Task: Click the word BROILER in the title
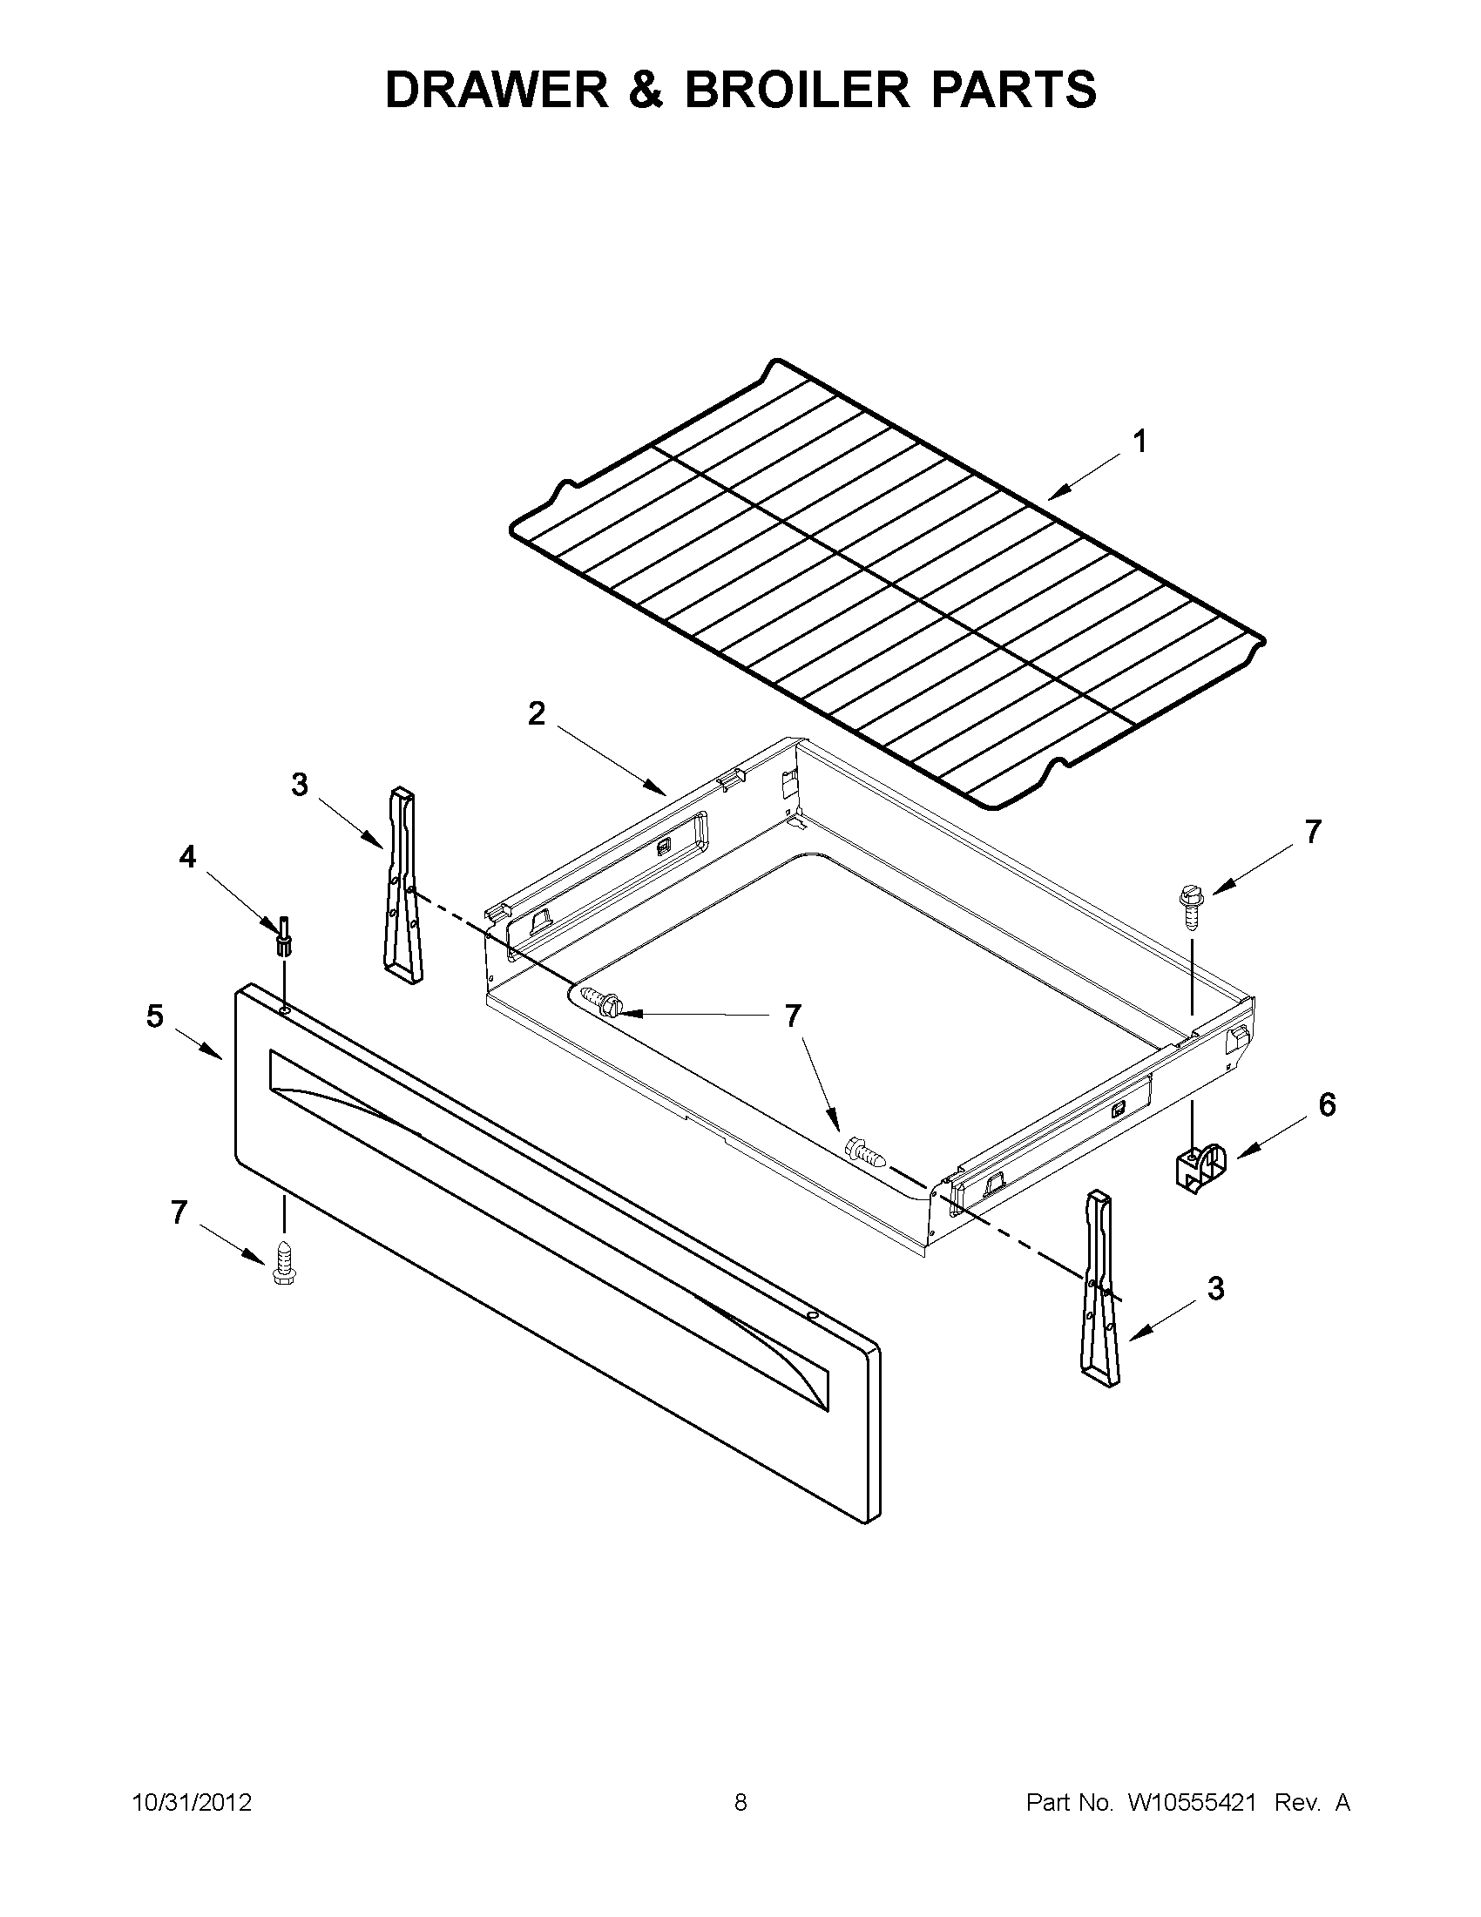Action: [x=797, y=90]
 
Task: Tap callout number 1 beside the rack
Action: [x=1139, y=442]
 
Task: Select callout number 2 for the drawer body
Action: [x=536, y=713]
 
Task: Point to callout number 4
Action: [x=188, y=857]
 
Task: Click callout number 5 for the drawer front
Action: [x=154, y=1016]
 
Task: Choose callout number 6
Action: [x=1327, y=1105]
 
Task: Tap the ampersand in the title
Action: [x=646, y=90]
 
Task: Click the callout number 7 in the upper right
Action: [x=1313, y=832]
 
